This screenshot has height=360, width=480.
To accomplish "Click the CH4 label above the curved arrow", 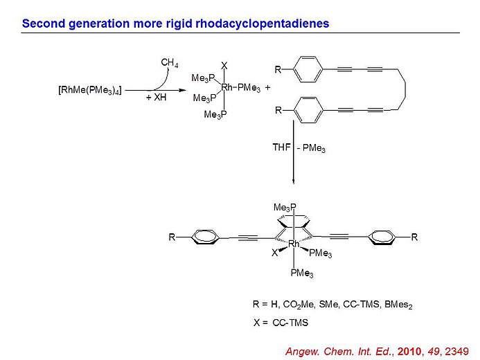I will [168, 62].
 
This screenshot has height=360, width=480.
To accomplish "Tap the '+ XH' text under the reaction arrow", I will [157, 99].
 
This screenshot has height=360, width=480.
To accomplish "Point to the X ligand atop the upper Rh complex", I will [224, 65].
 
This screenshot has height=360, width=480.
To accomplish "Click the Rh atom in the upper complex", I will [227, 87].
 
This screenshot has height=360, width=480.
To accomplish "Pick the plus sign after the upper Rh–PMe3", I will [267, 88].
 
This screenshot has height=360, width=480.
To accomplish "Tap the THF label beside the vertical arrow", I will [281, 147].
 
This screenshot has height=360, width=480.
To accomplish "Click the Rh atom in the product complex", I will [294, 244].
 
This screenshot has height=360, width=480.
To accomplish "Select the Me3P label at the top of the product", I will [285, 208].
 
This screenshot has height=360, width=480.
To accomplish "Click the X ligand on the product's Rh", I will [274, 253].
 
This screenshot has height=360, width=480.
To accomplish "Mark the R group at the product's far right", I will [414, 237].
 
